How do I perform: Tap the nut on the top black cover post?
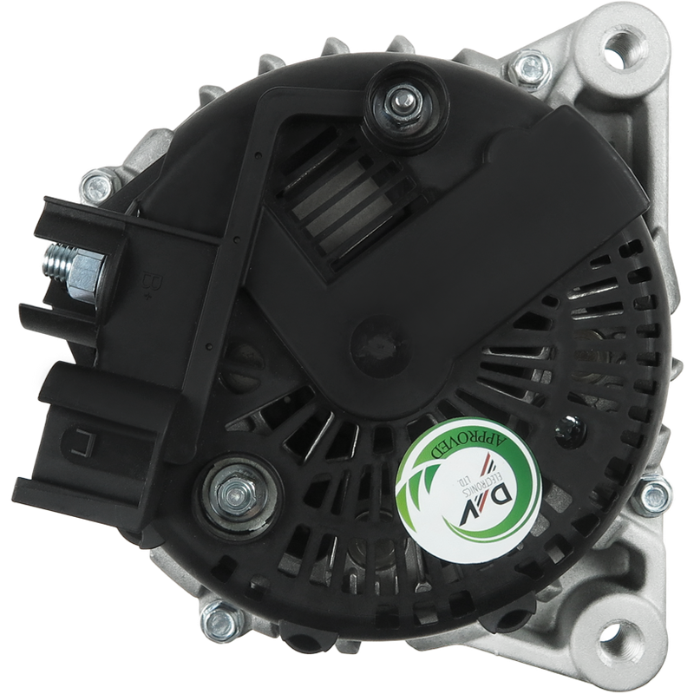[x=400, y=104]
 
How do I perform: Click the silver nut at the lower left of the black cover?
[x=235, y=494]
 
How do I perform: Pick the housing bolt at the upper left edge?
[x=96, y=187]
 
